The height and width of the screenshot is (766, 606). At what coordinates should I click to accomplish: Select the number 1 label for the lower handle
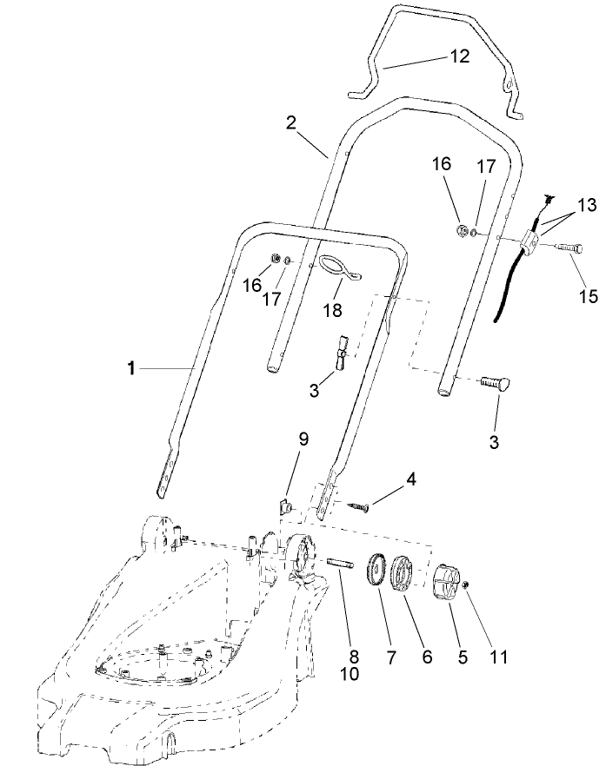(x=130, y=369)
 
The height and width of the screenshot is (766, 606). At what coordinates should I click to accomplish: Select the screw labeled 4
(x=357, y=507)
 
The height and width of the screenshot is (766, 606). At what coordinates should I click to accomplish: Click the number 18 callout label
(x=333, y=310)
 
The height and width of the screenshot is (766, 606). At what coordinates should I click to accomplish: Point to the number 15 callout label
(x=588, y=296)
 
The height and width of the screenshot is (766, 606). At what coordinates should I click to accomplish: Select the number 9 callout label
(x=303, y=439)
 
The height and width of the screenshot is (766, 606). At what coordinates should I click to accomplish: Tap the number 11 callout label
(x=497, y=657)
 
